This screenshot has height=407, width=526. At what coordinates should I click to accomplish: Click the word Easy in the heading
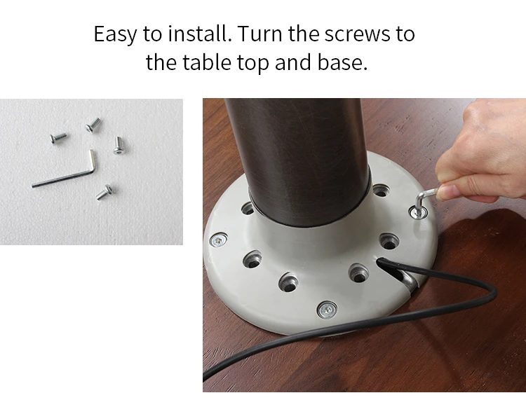[115, 34]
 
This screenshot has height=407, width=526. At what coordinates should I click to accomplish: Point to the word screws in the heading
[356, 34]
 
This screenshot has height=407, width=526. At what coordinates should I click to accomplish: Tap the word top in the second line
[253, 64]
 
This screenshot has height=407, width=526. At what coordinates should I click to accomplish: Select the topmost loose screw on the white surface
[93, 125]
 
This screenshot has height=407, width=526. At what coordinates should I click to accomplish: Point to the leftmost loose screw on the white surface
[58, 138]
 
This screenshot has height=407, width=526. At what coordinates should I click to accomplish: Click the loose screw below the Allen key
[104, 192]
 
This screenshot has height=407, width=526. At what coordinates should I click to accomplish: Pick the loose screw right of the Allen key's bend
[118, 146]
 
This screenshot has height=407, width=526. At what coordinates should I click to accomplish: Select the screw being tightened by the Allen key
[419, 212]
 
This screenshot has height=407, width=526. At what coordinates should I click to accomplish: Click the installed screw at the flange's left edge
[218, 240]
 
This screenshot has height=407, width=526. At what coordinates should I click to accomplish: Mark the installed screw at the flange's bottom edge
[327, 310]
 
